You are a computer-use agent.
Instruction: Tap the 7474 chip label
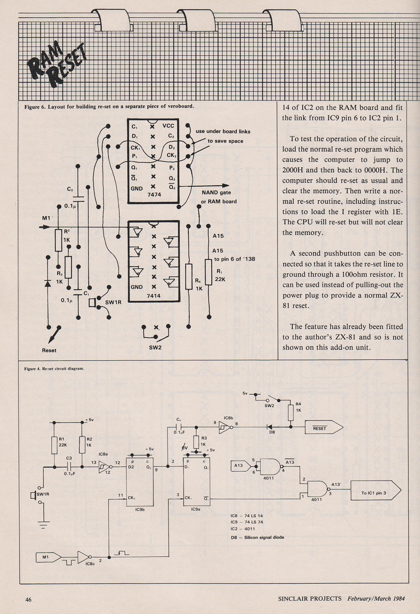point(154,194)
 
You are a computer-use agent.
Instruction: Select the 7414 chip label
point(154,296)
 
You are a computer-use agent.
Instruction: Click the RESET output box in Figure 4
point(324,428)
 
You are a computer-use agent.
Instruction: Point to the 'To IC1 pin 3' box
point(375,493)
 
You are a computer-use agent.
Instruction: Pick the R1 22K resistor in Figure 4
point(55,446)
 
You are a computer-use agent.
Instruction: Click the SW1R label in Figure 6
point(113,303)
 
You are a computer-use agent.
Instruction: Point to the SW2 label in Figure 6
point(155,348)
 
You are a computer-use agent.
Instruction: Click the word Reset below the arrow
point(49,350)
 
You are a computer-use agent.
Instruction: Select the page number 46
point(29,599)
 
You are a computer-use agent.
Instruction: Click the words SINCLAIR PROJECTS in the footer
point(310,598)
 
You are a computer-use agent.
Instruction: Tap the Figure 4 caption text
point(54,368)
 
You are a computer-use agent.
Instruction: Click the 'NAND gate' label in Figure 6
point(216,192)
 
